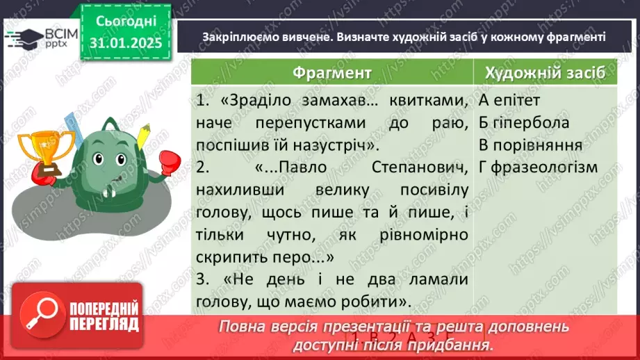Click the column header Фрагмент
coord(331,73)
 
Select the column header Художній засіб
coord(544,73)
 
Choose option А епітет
coord(509,101)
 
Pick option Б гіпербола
coord(524,123)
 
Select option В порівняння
coord(530,145)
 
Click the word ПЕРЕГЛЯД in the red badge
coord(105,325)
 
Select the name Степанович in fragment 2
coord(422,167)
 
